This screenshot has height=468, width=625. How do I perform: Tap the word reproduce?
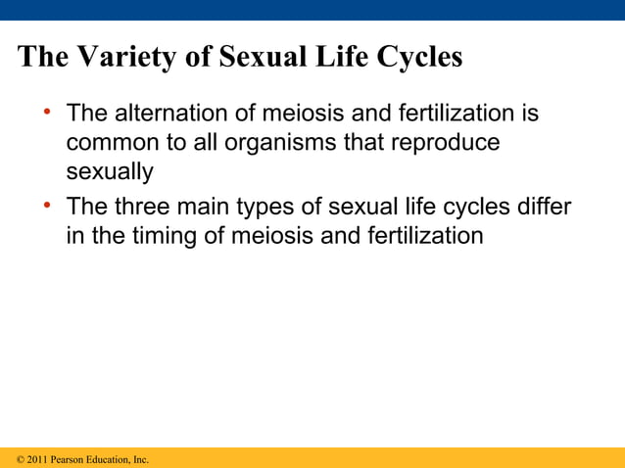tap(446, 143)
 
